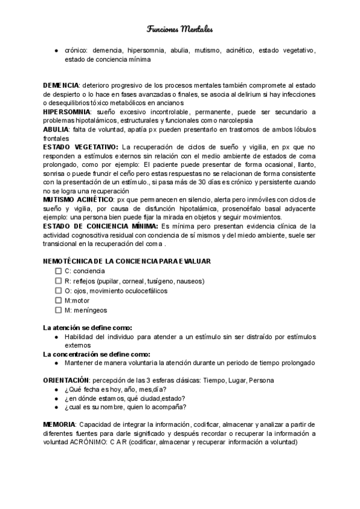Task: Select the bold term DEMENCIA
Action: click(61, 86)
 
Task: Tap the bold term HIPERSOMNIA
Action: click(67, 112)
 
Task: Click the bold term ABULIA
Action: click(55, 129)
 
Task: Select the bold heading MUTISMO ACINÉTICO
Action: click(78, 199)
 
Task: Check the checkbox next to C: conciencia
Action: click(58, 271)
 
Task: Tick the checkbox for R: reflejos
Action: click(58, 281)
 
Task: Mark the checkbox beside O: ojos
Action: click(58, 291)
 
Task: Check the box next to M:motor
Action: click(58, 300)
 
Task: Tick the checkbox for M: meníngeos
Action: click(58, 310)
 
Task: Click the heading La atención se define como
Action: click(88, 328)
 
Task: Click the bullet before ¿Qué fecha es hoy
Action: click(56, 390)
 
